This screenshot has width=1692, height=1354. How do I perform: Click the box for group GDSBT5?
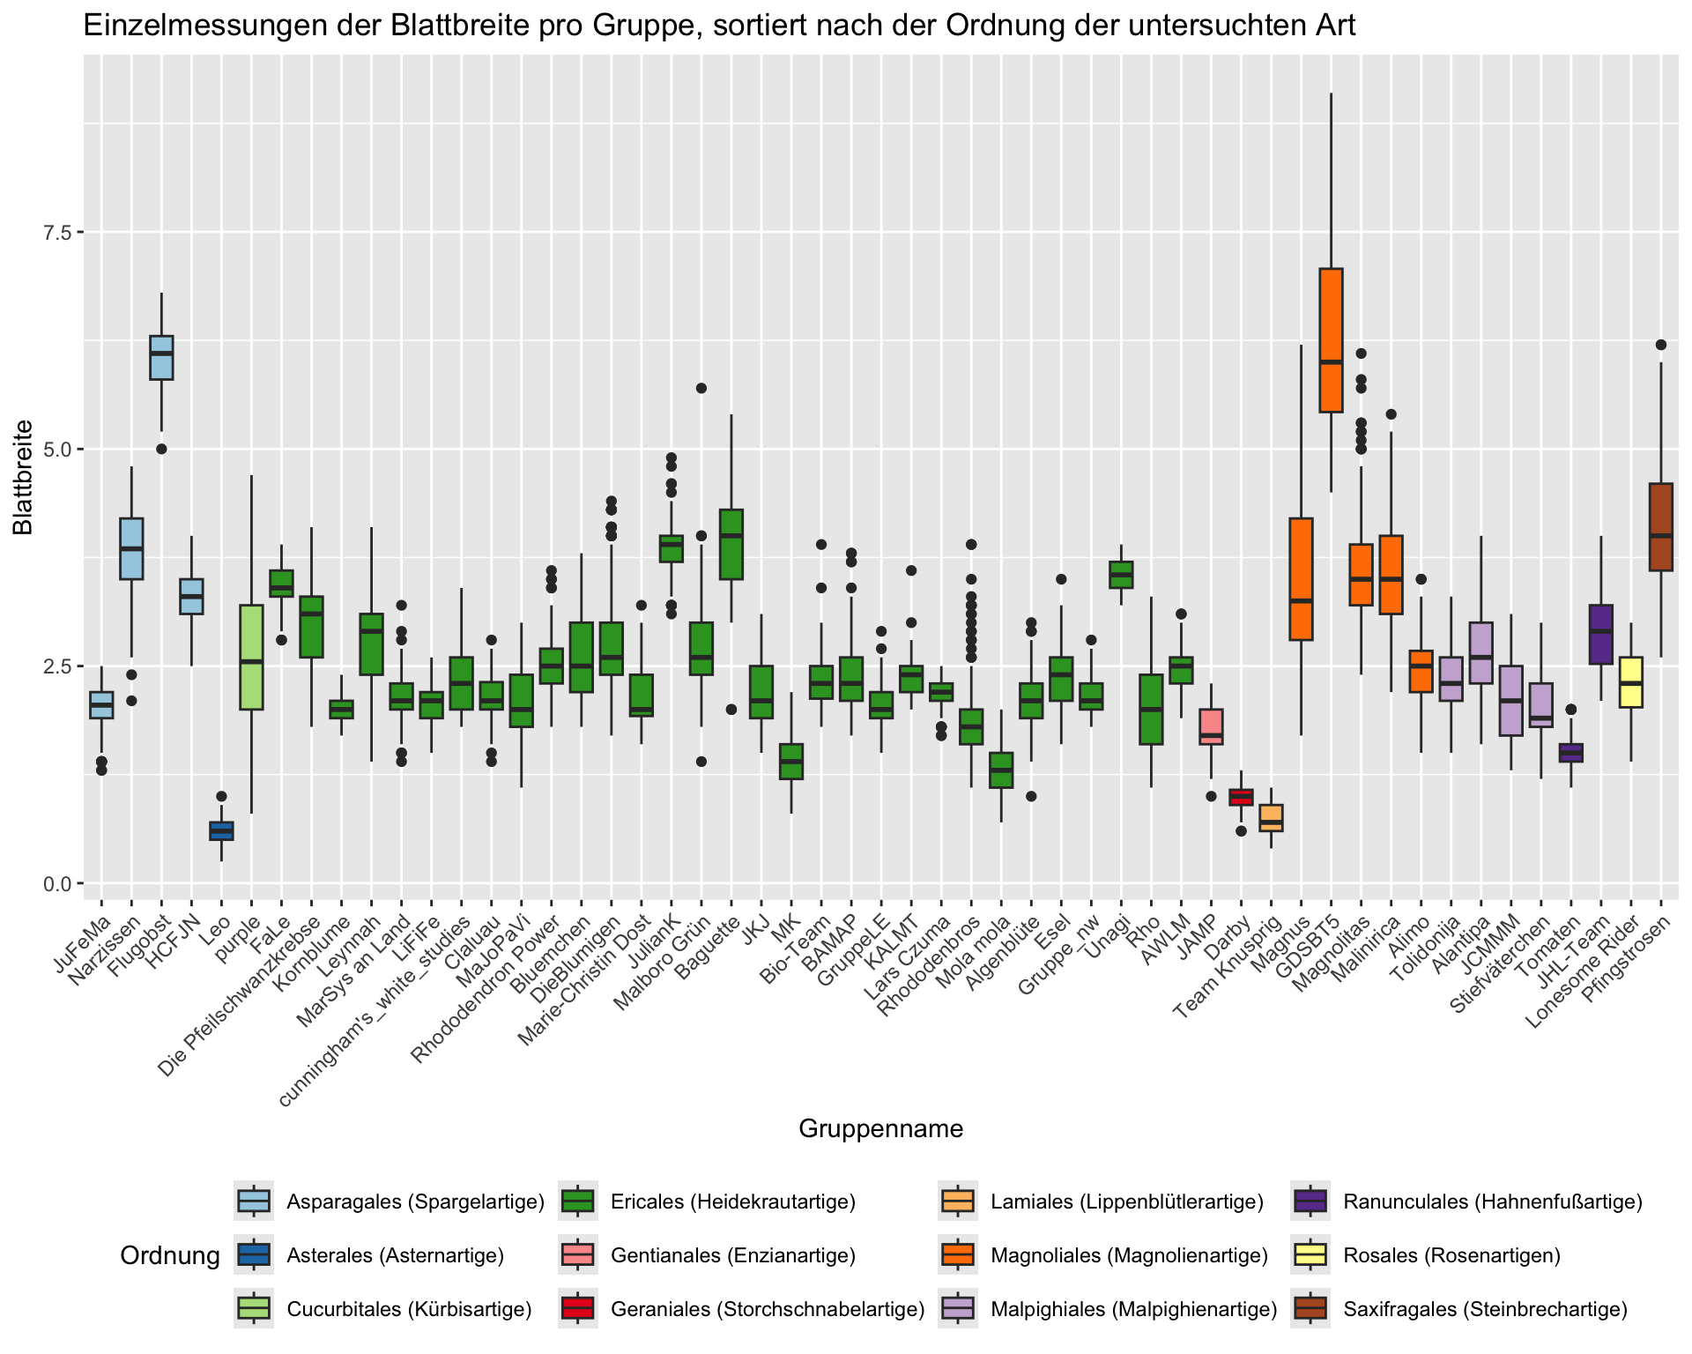tap(1331, 339)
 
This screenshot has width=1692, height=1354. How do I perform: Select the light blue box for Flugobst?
tap(161, 357)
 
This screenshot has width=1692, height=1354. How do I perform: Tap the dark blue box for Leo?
tap(221, 830)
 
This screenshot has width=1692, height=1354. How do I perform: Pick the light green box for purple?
tap(251, 657)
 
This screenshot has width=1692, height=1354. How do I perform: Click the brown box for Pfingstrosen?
tap(1661, 526)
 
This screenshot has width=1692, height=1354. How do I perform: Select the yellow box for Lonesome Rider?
tap(1631, 681)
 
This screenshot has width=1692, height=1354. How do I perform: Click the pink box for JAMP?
tap(1211, 726)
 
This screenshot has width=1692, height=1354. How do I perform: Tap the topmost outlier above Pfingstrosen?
tap(1661, 345)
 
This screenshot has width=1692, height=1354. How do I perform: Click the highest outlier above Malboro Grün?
tap(701, 388)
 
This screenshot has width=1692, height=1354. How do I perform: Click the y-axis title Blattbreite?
tap(24, 476)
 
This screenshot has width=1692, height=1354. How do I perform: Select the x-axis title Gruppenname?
tap(880, 1129)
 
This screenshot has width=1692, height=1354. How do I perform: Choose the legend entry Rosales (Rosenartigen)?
tap(1451, 1255)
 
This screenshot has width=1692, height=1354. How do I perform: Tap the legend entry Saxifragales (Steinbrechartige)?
tap(1485, 1309)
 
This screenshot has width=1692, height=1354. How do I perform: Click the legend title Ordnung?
tap(169, 1256)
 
